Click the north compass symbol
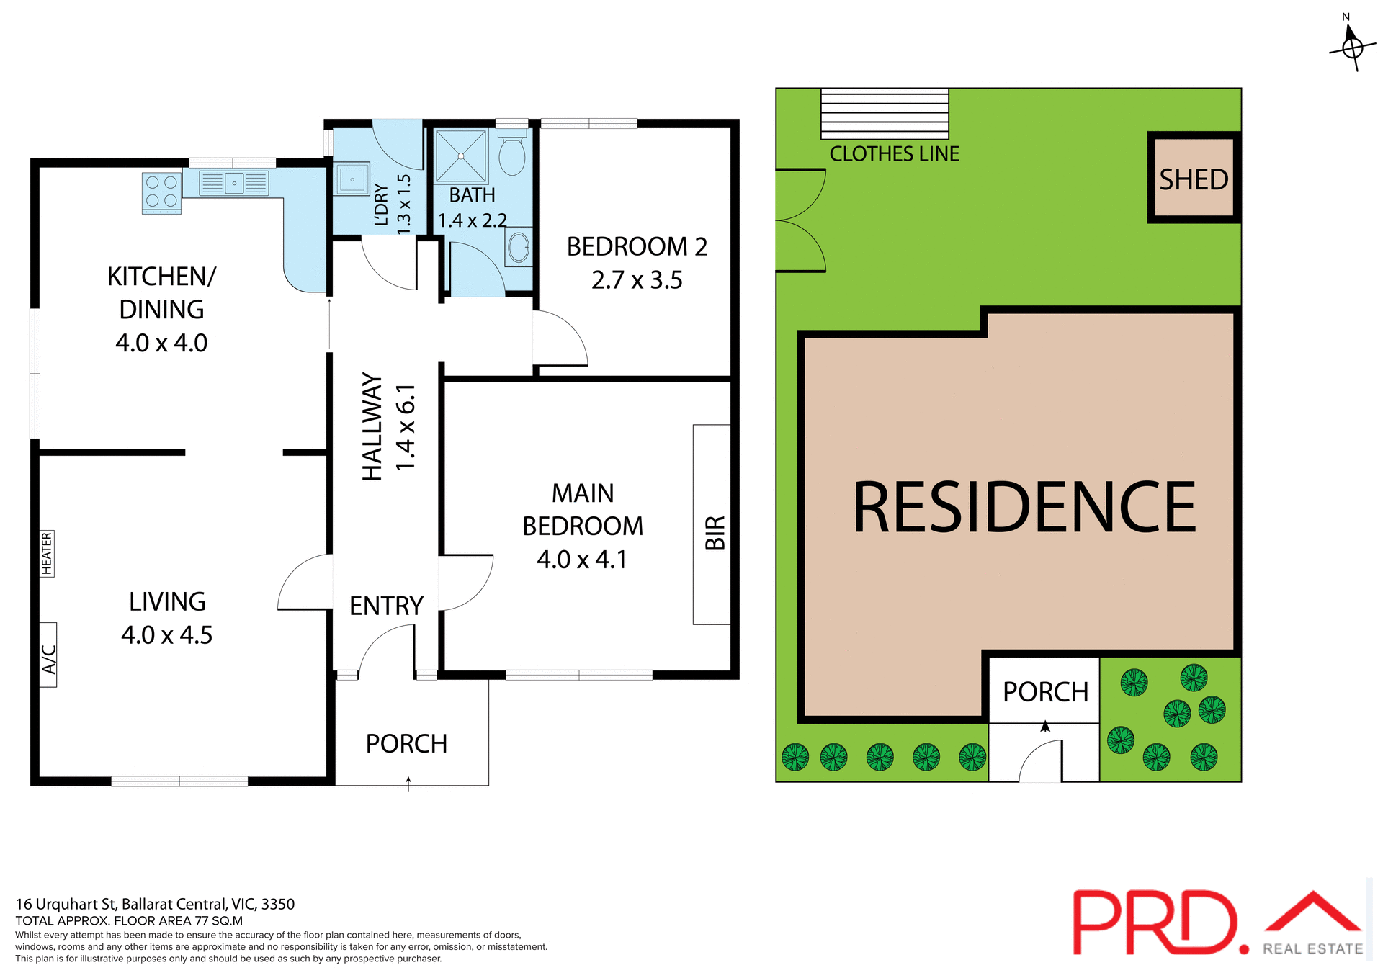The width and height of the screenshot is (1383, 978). click(x=1352, y=48)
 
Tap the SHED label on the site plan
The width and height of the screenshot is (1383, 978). click(x=1194, y=179)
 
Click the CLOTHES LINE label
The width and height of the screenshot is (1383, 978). click(x=894, y=154)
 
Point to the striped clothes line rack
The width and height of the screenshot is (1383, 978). click(x=885, y=114)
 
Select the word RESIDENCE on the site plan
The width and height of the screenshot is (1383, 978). click(x=1024, y=508)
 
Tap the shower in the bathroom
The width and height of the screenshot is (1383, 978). click(x=461, y=156)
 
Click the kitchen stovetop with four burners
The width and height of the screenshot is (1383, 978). click(x=161, y=192)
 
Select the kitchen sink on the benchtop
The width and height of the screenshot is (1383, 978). click(x=234, y=183)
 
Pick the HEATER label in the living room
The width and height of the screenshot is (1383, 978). click(x=47, y=553)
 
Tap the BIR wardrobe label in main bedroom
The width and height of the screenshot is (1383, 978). click(x=715, y=533)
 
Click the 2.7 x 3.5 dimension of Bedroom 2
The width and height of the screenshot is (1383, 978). click(x=637, y=280)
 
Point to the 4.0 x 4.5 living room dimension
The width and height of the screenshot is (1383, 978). click(x=167, y=635)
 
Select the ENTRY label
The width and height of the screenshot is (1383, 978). click(x=386, y=606)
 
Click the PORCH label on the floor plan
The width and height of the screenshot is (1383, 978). click(x=406, y=744)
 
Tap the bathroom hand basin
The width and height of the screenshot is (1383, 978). click(x=519, y=248)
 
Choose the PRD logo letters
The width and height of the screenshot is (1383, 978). click(x=1155, y=923)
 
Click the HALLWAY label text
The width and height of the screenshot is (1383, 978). click(x=372, y=426)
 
